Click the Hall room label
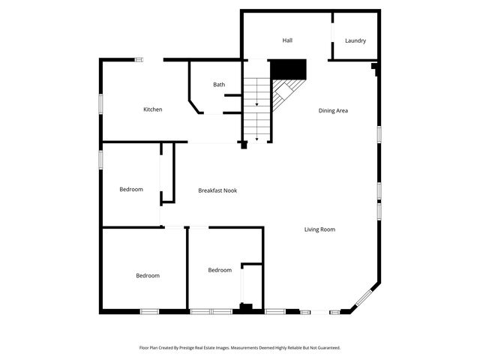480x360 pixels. [x=287, y=40]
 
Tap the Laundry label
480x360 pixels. [x=355, y=40]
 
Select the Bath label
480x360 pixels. [x=219, y=85]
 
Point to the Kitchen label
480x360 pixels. [x=153, y=109]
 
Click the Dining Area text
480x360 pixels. [x=333, y=110]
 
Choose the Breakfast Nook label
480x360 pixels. [x=217, y=190]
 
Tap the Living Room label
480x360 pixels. [x=319, y=229]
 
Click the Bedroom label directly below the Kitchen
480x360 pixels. [x=131, y=189]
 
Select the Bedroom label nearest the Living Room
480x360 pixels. [x=220, y=270]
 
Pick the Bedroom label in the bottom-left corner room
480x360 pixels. [x=148, y=275]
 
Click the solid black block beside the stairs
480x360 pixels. [x=289, y=69]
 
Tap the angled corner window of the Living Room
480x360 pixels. [x=365, y=298]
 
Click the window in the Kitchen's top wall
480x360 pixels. [x=139, y=59]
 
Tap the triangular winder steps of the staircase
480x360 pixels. [x=283, y=93]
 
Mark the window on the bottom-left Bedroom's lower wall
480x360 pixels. [x=149, y=311]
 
